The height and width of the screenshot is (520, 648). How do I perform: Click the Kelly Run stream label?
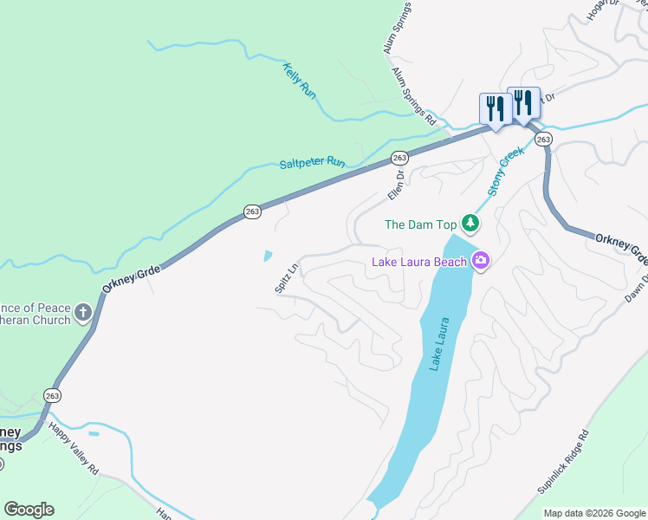[x=299, y=81]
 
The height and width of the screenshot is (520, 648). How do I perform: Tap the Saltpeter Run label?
[x=313, y=163]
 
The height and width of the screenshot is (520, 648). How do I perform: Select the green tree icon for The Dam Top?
[x=470, y=224]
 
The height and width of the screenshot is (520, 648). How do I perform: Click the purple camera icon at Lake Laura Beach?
[x=481, y=261]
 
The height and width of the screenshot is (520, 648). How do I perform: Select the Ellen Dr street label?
[x=394, y=186]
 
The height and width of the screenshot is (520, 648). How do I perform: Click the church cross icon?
[x=83, y=313]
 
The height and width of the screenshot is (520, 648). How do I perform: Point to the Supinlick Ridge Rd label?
[x=563, y=462]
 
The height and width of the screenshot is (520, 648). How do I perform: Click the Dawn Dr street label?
[x=639, y=289]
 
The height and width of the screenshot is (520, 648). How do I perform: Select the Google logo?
[x=29, y=510]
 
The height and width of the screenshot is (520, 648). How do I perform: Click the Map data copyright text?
[x=595, y=513]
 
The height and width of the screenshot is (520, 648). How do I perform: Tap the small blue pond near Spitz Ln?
[x=268, y=257]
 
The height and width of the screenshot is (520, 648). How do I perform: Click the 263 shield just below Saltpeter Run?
[x=399, y=158]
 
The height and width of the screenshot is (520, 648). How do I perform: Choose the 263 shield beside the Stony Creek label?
[x=543, y=140]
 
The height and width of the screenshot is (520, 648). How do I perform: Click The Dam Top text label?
[x=420, y=224]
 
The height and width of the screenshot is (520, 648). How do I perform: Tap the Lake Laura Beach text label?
[x=419, y=262]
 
